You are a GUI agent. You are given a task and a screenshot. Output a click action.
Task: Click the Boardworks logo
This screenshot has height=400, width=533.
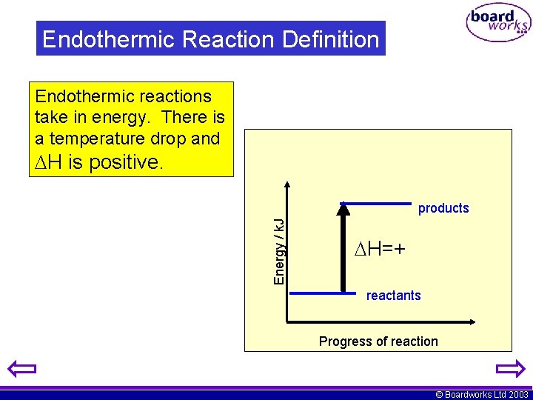498,24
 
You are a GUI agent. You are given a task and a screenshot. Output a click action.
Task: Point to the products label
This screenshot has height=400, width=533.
443,208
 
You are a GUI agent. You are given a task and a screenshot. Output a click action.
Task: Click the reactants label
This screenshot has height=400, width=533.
393,296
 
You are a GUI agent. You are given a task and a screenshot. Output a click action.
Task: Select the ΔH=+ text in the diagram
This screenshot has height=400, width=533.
380,249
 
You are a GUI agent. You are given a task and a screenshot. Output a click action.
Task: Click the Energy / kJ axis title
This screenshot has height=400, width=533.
279,251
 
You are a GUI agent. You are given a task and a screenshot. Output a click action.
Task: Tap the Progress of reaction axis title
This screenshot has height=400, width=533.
378,341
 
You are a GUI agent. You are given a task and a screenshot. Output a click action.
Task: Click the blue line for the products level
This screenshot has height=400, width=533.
375,202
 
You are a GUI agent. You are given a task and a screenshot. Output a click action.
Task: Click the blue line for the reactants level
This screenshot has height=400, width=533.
323,293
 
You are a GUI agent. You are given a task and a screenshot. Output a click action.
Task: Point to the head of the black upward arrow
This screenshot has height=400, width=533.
343,208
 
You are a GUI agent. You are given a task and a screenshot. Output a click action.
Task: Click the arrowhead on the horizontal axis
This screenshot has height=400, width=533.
470,322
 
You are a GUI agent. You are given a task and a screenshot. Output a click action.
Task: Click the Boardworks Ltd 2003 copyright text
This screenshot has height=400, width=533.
482,395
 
